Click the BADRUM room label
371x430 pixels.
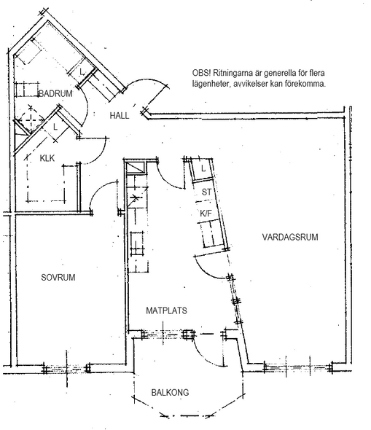(x=55, y=93)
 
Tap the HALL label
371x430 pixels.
(x=120, y=115)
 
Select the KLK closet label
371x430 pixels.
(x=47, y=158)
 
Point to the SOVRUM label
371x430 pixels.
(x=58, y=277)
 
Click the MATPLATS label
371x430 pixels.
(x=166, y=310)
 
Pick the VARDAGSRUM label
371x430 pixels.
(x=290, y=237)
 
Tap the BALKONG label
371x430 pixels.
(x=170, y=392)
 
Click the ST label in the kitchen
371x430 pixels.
(x=206, y=192)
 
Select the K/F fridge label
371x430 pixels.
(x=206, y=213)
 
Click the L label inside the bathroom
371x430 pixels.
(x=82, y=72)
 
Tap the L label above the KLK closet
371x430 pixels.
(x=55, y=127)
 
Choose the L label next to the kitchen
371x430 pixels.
(x=203, y=168)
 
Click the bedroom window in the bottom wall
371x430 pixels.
(x=66, y=368)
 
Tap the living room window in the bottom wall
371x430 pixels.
(x=298, y=367)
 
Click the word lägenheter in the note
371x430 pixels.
(x=208, y=84)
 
